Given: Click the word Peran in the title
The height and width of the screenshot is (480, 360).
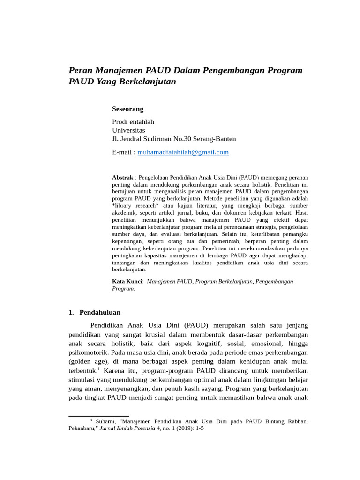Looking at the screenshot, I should click(x=80, y=70).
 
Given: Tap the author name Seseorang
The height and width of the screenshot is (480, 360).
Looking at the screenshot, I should click(x=127, y=109).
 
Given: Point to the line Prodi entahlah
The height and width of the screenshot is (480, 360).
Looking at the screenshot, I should click(x=133, y=122).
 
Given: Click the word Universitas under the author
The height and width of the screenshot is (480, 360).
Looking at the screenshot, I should click(x=128, y=130).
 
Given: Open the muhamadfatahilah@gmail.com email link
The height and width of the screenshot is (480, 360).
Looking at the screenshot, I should click(x=183, y=152).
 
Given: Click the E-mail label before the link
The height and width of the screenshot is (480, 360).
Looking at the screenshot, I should click(x=123, y=152).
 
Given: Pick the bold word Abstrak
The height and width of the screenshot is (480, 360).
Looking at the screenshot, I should click(x=122, y=178).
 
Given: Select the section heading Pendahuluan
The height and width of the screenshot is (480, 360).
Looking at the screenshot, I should click(x=100, y=312).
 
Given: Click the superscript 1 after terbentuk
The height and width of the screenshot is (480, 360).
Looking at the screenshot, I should click(x=99, y=368).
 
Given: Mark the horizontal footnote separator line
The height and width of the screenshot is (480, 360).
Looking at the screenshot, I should click(x=98, y=416).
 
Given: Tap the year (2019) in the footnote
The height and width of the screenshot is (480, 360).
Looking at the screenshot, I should click(x=185, y=428).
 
